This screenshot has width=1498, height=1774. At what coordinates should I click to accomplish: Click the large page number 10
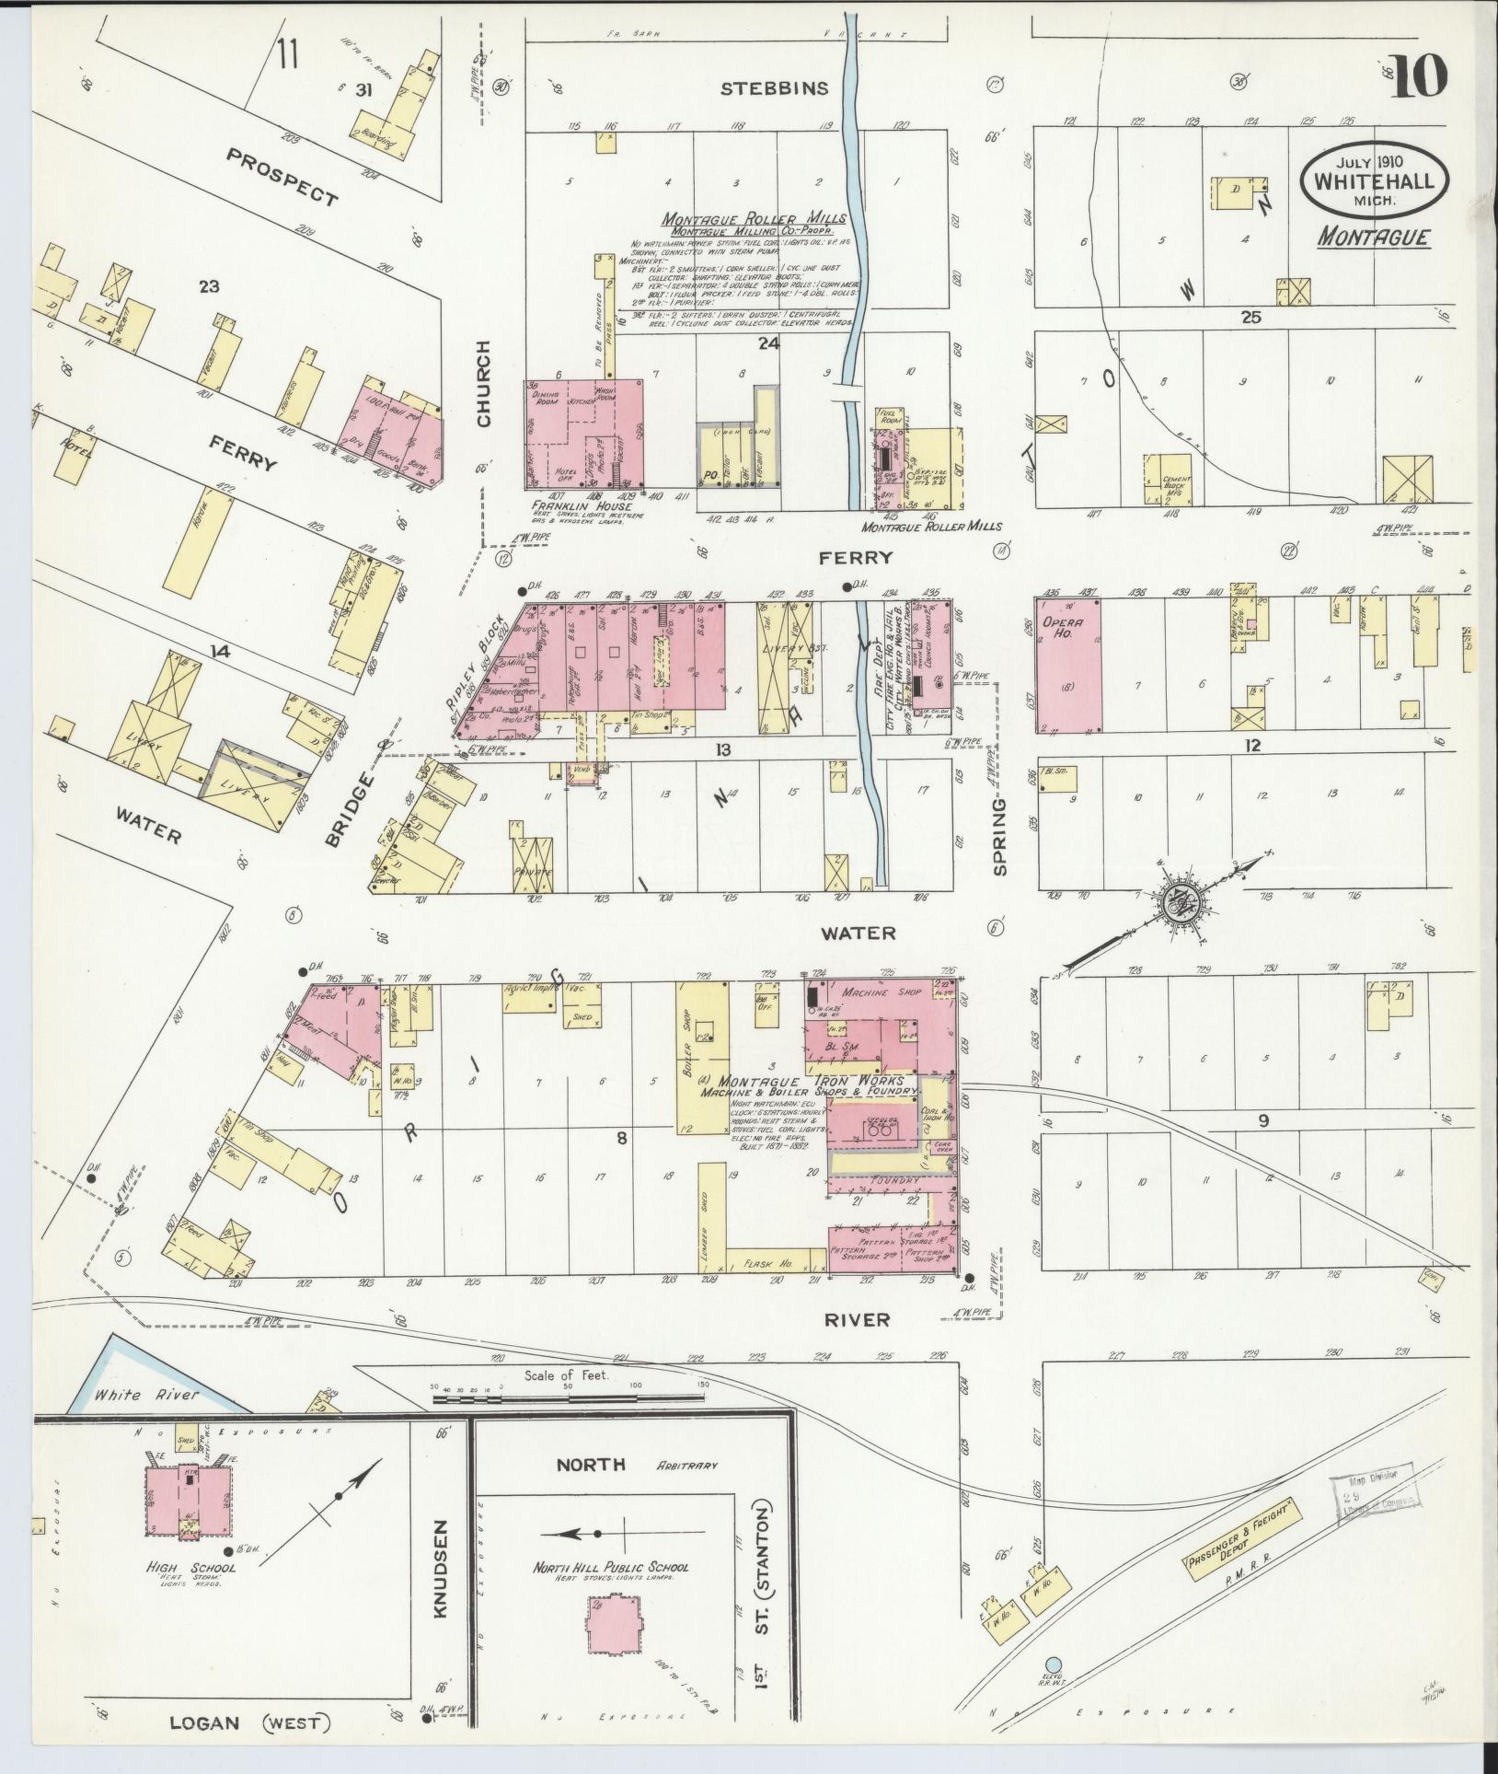[1421, 77]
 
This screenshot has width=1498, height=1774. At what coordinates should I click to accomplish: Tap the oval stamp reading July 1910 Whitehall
[1373, 180]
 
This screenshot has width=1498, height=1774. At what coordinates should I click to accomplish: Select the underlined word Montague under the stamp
[1373, 238]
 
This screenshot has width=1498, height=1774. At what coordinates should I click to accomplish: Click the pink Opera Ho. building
[1069, 666]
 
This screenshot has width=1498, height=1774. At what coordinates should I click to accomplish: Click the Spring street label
[1001, 837]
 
